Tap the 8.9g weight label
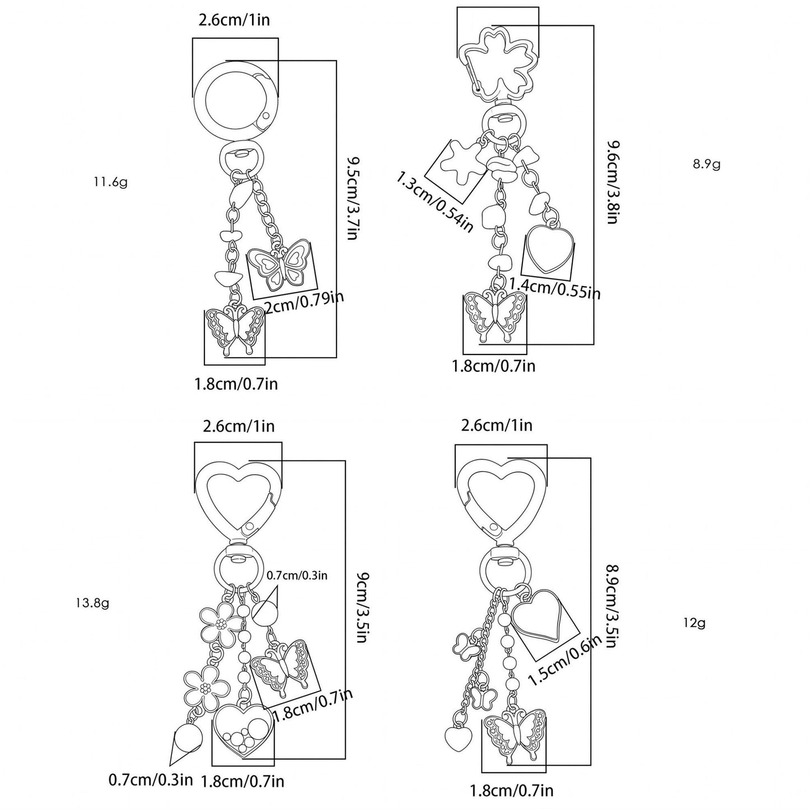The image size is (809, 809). [707, 163]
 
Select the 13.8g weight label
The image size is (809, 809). [92, 604]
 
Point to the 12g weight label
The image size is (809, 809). [694, 635]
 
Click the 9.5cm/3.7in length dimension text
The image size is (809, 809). [352, 198]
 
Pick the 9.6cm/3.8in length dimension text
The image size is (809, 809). [614, 182]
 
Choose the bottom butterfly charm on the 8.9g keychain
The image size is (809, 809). [495, 316]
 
